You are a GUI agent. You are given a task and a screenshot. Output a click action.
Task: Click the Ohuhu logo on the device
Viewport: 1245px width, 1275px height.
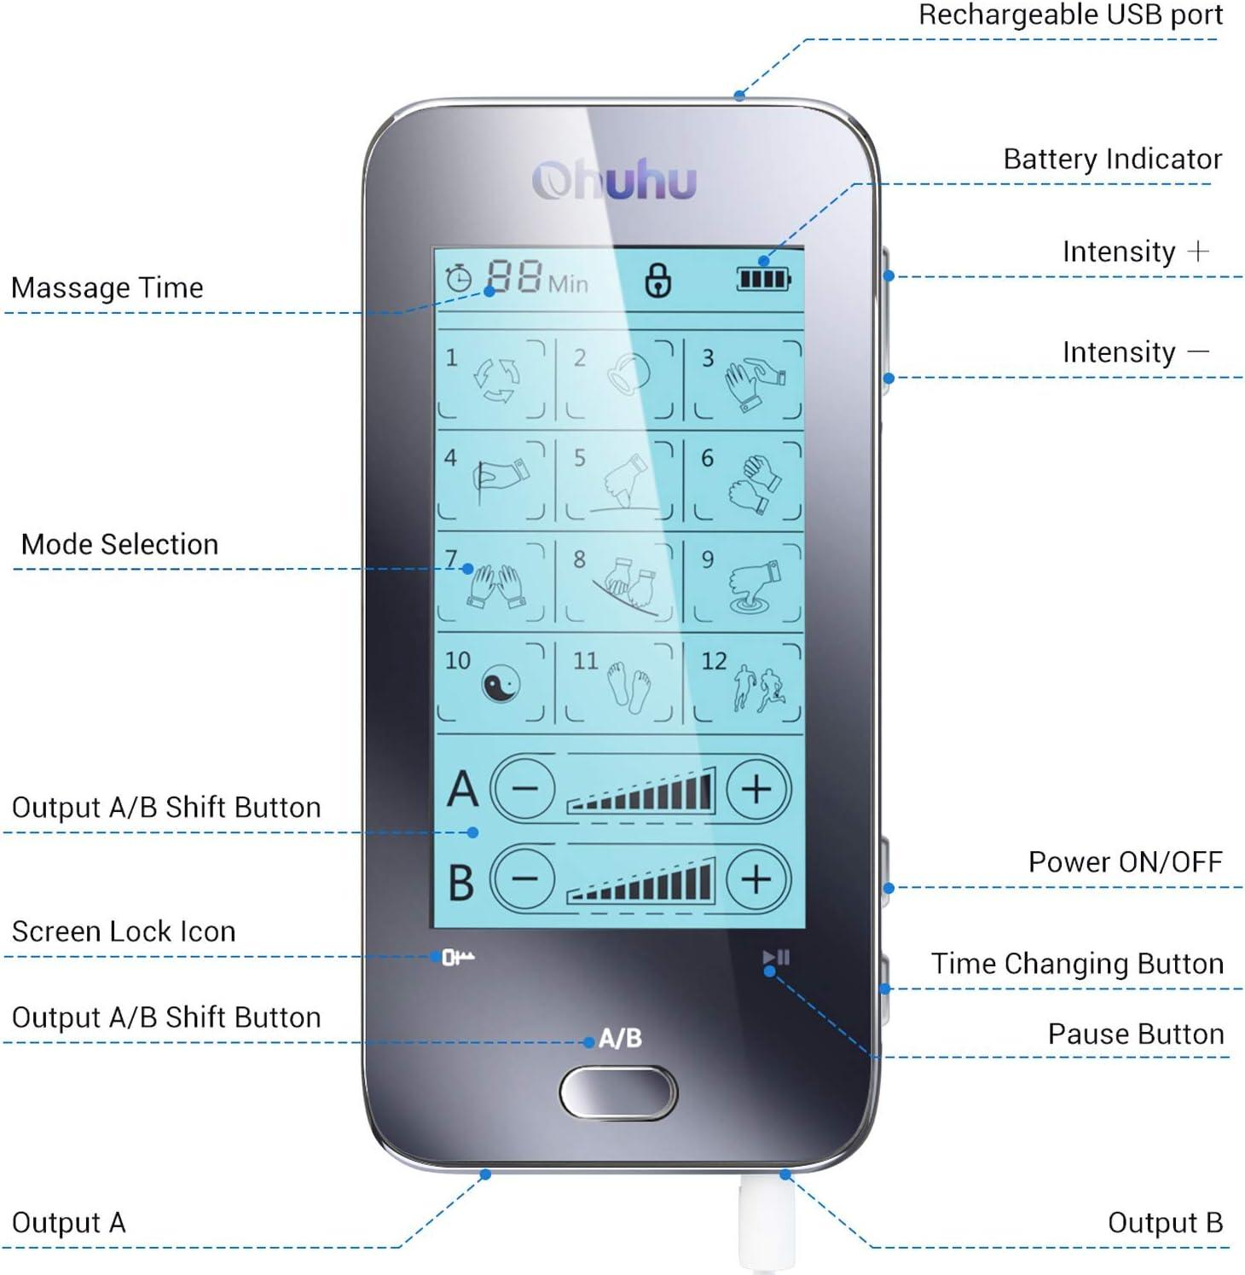point(614,180)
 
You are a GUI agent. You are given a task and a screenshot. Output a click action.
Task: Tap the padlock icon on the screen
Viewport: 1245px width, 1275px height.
point(657,280)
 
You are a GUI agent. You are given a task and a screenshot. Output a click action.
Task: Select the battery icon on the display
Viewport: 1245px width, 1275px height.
point(763,278)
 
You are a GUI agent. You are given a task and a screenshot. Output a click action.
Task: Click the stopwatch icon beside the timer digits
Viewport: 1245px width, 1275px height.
point(459,279)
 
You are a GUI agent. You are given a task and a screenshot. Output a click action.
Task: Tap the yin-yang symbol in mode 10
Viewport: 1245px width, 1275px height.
point(501,685)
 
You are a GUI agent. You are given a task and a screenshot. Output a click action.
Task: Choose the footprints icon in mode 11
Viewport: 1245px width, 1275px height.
point(628,688)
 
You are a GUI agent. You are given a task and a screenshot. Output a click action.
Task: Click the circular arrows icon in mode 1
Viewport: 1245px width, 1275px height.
point(497,380)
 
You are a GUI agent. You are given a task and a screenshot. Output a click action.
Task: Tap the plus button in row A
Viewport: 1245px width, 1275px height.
point(756,789)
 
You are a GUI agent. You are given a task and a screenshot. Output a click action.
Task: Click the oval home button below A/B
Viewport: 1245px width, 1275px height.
point(618,1092)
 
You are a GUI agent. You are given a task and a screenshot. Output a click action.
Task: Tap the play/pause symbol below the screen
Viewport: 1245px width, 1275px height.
point(776,958)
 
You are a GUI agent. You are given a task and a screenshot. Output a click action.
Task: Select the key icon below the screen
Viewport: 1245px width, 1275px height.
point(458,958)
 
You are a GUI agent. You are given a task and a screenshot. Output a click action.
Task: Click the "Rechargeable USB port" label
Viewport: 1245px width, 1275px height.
point(1070,14)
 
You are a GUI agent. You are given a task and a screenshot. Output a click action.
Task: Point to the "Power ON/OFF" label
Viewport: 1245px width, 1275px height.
point(1125,862)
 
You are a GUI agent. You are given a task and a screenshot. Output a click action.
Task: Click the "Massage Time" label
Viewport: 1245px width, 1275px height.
point(107,288)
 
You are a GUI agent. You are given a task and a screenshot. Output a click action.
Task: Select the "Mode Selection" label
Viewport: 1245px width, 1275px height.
point(119,544)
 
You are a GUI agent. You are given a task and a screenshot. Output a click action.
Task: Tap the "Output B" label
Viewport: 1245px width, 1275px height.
point(1165,1223)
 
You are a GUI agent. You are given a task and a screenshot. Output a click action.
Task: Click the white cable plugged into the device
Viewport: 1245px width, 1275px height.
point(766,1224)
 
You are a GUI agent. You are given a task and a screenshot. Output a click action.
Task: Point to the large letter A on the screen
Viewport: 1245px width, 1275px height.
point(462,788)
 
